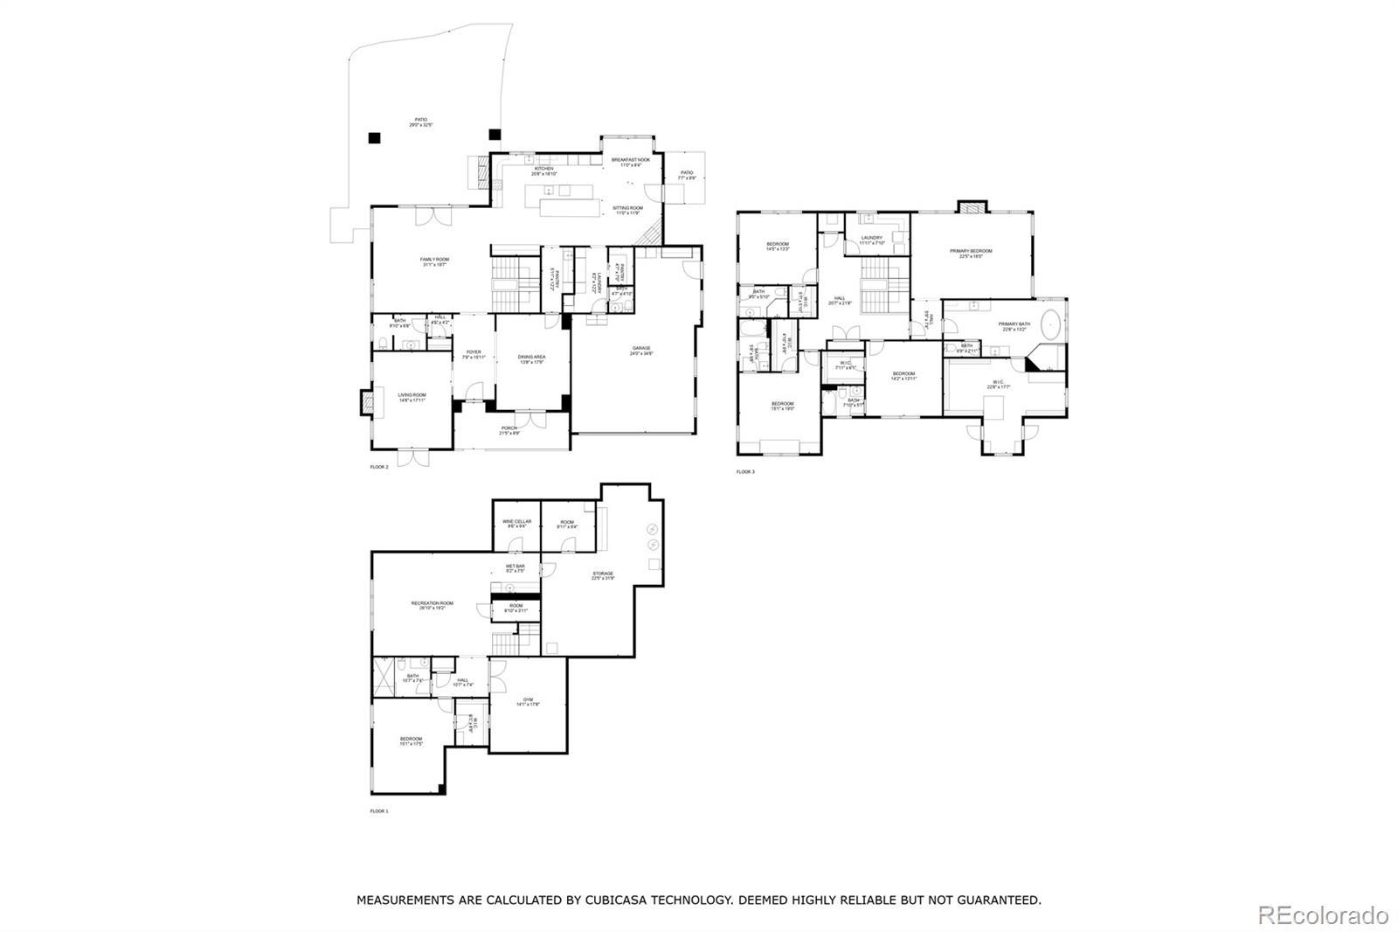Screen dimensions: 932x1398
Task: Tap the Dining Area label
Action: (531, 358)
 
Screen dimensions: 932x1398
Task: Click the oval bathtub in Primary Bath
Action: (1050, 325)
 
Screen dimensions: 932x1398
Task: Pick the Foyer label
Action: (473, 354)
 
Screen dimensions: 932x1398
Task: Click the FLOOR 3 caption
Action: (744, 472)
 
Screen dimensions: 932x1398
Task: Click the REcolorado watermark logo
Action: (1322, 915)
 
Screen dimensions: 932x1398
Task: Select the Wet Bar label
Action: (515, 568)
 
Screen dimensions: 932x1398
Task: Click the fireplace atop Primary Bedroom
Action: (972, 207)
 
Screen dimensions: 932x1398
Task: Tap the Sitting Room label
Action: (628, 210)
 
